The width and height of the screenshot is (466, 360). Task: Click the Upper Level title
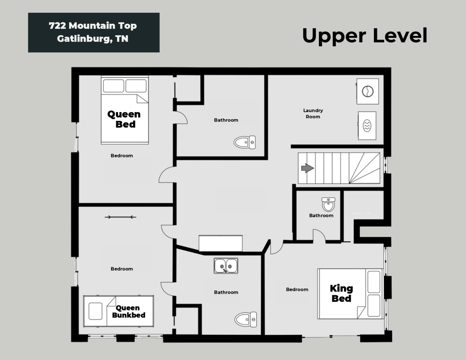pyautogui.click(x=364, y=36)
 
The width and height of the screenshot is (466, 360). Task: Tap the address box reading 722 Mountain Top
pyautogui.click(x=94, y=32)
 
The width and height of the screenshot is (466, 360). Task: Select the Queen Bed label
pyautogui.click(x=124, y=119)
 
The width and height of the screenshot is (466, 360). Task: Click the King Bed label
pyautogui.click(x=341, y=293)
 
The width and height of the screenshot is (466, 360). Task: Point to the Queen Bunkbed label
pyautogui.click(x=129, y=311)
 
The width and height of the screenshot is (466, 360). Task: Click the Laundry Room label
pyautogui.click(x=313, y=114)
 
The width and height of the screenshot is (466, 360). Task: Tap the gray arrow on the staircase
pyautogui.click(x=308, y=168)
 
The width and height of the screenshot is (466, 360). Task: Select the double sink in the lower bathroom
pyautogui.click(x=226, y=266)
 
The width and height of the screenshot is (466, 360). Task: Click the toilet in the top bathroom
pyautogui.click(x=245, y=142)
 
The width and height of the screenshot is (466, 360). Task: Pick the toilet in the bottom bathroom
pyautogui.click(x=245, y=320)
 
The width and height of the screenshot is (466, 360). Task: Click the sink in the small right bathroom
pyautogui.click(x=328, y=204)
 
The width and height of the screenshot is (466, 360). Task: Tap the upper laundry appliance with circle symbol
pyautogui.click(x=368, y=91)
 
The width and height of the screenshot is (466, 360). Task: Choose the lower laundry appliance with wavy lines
pyautogui.click(x=367, y=126)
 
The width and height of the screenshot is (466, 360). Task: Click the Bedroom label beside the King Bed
pyautogui.click(x=297, y=289)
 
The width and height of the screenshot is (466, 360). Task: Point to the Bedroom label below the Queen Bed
pyautogui.click(x=122, y=156)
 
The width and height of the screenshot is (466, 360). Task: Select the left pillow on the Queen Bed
pyautogui.click(x=114, y=86)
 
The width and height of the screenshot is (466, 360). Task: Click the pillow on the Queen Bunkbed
pyautogui.click(x=95, y=311)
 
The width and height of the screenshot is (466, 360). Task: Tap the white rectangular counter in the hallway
pyautogui.click(x=221, y=243)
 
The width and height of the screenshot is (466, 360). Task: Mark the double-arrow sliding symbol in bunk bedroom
pyautogui.click(x=120, y=217)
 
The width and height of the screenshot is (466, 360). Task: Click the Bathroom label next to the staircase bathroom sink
pyautogui.click(x=321, y=215)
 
